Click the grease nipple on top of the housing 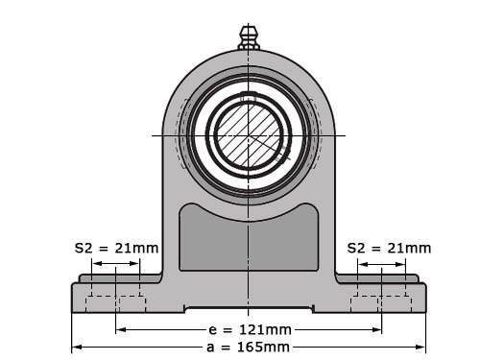click(249, 38)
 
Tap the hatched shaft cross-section click(249, 135)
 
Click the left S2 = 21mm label click(116, 248)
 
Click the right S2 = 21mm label click(389, 248)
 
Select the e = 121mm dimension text click(250, 329)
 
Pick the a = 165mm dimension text click(248, 347)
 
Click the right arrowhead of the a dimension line click(420, 347)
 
